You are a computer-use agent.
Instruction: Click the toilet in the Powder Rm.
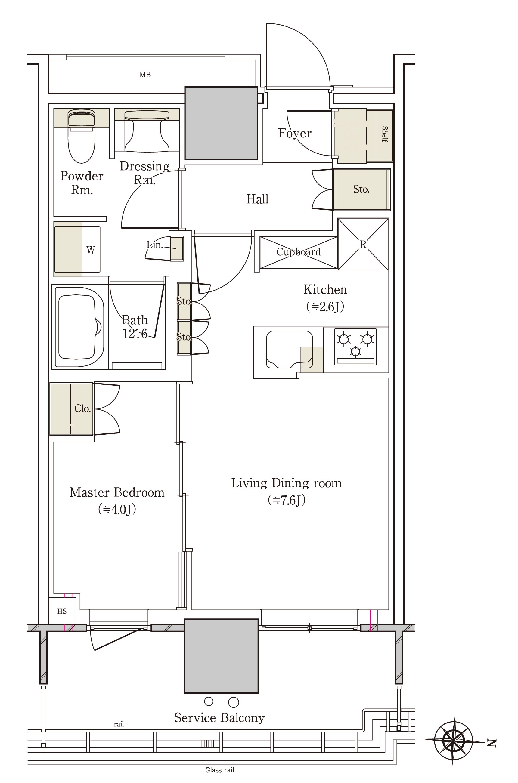(82, 136)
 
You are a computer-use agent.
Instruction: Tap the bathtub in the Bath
(80, 327)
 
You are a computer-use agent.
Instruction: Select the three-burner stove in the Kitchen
(355, 347)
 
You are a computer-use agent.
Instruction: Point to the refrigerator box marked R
(363, 244)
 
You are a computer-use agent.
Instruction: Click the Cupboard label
(298, 252)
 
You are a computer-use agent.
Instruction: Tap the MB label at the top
(145, 75)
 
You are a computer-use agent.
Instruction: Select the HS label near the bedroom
(62, 611)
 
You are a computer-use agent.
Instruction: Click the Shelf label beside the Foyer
(385, 134)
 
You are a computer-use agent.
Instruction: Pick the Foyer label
(294, 133)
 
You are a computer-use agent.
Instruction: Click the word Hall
(257, 199)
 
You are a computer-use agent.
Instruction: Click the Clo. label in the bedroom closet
(82, 409)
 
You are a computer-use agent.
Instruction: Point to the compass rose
(453, 740)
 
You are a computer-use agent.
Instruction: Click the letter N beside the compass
(492, 743)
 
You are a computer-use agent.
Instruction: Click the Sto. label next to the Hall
(361, 189)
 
